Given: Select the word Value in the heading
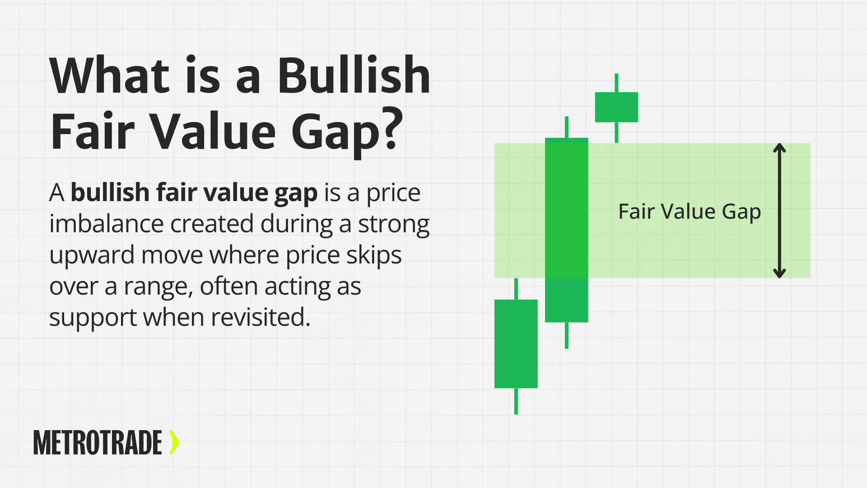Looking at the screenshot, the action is (x=213, y=131).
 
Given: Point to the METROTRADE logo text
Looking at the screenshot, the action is (x=98, y=442).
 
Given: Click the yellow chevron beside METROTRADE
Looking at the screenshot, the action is (x=174, y=442).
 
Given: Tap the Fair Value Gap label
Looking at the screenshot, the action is (x=690, y=211).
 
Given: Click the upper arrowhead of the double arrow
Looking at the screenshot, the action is (x=779, y=148).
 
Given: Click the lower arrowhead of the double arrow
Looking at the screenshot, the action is (x=779, y=273).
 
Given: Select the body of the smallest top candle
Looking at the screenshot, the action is (x=616, y=107).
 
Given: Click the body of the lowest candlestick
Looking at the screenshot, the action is (x=516, y=344).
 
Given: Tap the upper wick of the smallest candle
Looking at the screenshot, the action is (x=616, y=83).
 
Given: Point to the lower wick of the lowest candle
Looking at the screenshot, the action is (x=516, y=401).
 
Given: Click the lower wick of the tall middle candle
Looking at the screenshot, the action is (x=567, y=335).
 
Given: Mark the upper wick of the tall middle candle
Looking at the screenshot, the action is (x=567, y=127).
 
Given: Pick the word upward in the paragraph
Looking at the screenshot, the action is (x=92, y=256).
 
